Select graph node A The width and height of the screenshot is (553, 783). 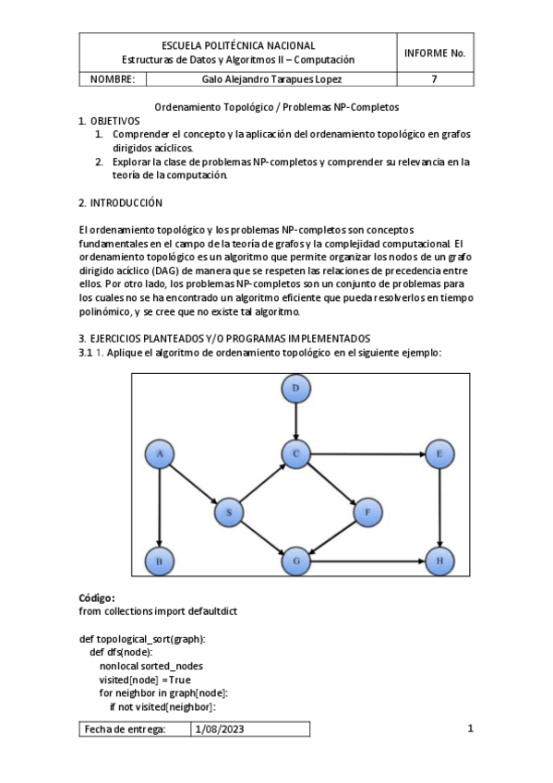point(161,454)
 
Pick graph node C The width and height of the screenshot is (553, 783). point(295,454)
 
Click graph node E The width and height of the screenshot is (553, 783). point(439,454)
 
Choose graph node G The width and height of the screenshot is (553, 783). point(295,560)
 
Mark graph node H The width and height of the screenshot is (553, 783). point(439,560)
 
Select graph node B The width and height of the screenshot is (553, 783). point(161,560)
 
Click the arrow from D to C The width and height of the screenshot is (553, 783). point(295,422)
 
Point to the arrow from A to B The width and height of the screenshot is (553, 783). point(161,507)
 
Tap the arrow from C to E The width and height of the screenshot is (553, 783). point(367,454)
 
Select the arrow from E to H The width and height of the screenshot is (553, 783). point(439,507)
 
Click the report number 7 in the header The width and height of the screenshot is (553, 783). point(434,79)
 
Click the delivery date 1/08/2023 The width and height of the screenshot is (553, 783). point(221,729)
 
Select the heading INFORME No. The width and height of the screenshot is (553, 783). point(434,53)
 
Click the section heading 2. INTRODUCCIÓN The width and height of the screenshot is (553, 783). point(121,202)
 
